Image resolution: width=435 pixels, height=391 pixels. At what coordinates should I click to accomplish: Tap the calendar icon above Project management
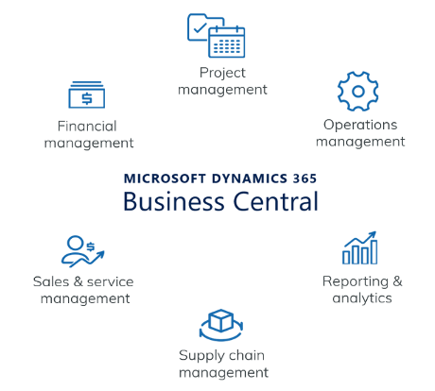coord(227,42)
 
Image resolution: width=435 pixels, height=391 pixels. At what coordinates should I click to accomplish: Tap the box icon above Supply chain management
coord(221,320)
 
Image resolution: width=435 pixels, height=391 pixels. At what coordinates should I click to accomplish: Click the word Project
coord(222,73)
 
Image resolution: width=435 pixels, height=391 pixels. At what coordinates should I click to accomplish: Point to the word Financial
coord(87,127)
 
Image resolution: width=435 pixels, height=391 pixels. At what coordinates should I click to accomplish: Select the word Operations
coord(360,125)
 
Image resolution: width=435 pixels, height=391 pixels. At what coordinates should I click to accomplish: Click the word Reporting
coord(356,281)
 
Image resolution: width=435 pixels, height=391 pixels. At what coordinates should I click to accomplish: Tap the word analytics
coord(362,297)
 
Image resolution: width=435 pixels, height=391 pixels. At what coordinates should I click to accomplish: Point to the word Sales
coord(51,281)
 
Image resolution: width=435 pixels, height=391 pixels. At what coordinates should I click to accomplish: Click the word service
coord(110,281)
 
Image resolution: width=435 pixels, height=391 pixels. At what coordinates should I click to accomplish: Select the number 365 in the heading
coord(304,178)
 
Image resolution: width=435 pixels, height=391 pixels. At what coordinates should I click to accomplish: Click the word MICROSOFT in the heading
coord(165,178)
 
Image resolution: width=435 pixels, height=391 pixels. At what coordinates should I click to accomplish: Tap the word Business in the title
coord(174,201)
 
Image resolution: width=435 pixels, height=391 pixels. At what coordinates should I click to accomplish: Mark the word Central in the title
coord(275,201)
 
